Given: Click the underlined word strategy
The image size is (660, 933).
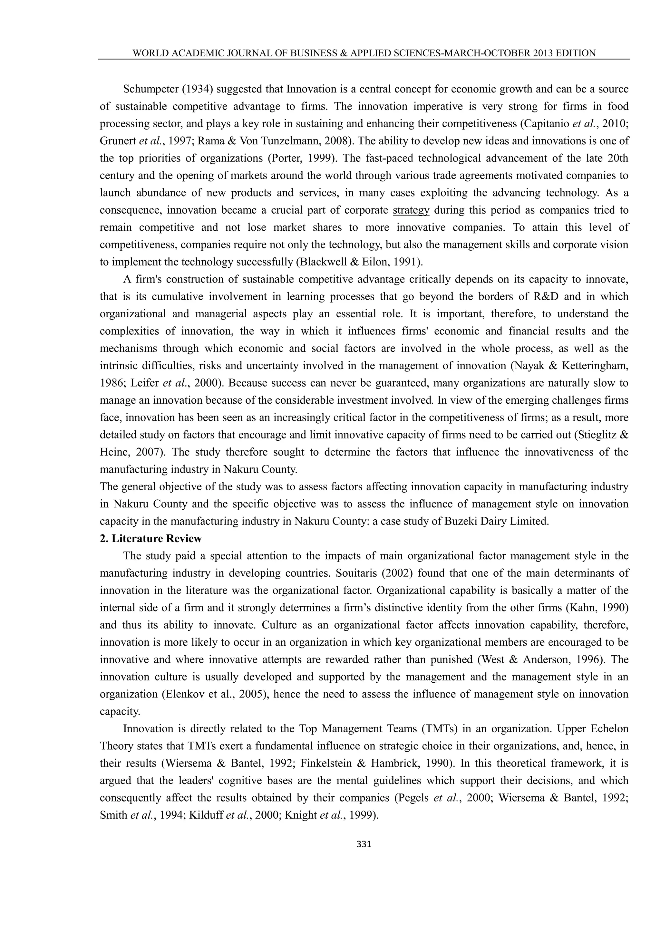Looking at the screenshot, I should [x=411, y=210].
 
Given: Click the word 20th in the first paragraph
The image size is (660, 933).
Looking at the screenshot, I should [x=618, y=158].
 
